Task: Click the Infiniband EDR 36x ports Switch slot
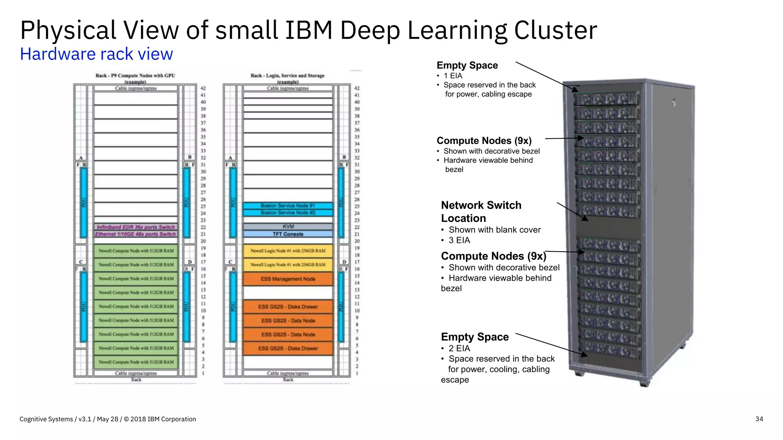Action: click(136, 227)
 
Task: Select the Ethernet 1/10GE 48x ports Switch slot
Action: click(136, 234)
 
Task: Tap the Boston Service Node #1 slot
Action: click(288, 205)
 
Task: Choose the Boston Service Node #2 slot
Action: click(288, 212)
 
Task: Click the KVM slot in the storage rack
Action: click(288, 226)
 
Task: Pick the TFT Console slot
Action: click(288, 234)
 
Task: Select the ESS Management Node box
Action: click(288, 279)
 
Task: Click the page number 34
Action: click(759, 419)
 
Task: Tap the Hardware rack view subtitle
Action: click(96, 54)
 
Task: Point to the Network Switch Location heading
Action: click(481, 212)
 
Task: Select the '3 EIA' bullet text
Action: click(459, 240)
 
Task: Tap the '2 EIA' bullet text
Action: click(459, 348)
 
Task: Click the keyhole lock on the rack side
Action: click(674, 103)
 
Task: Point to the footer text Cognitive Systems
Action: click(46, 419)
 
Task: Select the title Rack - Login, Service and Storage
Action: click(288, 76)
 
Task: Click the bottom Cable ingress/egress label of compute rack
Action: click(136, 373)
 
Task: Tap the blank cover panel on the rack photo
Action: click(608, 228)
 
